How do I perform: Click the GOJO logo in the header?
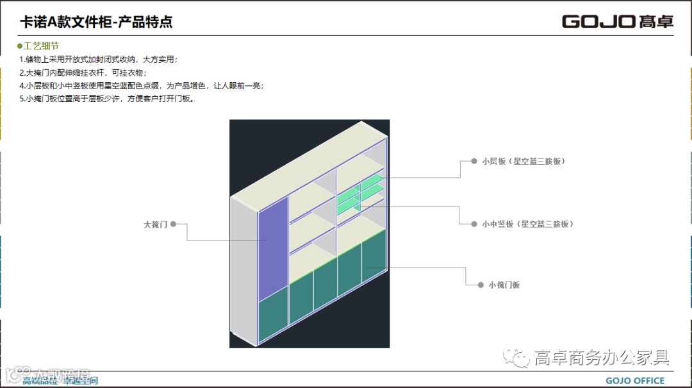click(x=617, y=21)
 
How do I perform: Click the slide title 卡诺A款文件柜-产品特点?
click(x=96, y=22)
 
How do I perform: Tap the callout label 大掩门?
click(x=156, y=225)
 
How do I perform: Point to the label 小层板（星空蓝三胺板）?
click(x=523, y=161)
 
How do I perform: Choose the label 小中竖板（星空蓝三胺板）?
click(x=527, y=224)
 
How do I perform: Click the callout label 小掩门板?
click(x=504, y=285)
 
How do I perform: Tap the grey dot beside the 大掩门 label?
click(x=174, y=224)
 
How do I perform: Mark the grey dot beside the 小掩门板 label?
click(x=481, y=285)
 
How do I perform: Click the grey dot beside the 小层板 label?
click(x=474, y=161)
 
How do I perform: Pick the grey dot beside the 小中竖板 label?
click(x=474, y=224)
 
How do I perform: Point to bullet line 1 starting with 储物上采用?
click(x=99, y=60)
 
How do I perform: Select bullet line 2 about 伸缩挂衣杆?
click(x=83, y=72)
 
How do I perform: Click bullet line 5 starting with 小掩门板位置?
click(x=106, y=99)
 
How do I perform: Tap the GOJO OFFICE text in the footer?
click(x=635, y=381)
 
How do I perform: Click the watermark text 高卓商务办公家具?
click(x=602, y=358)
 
